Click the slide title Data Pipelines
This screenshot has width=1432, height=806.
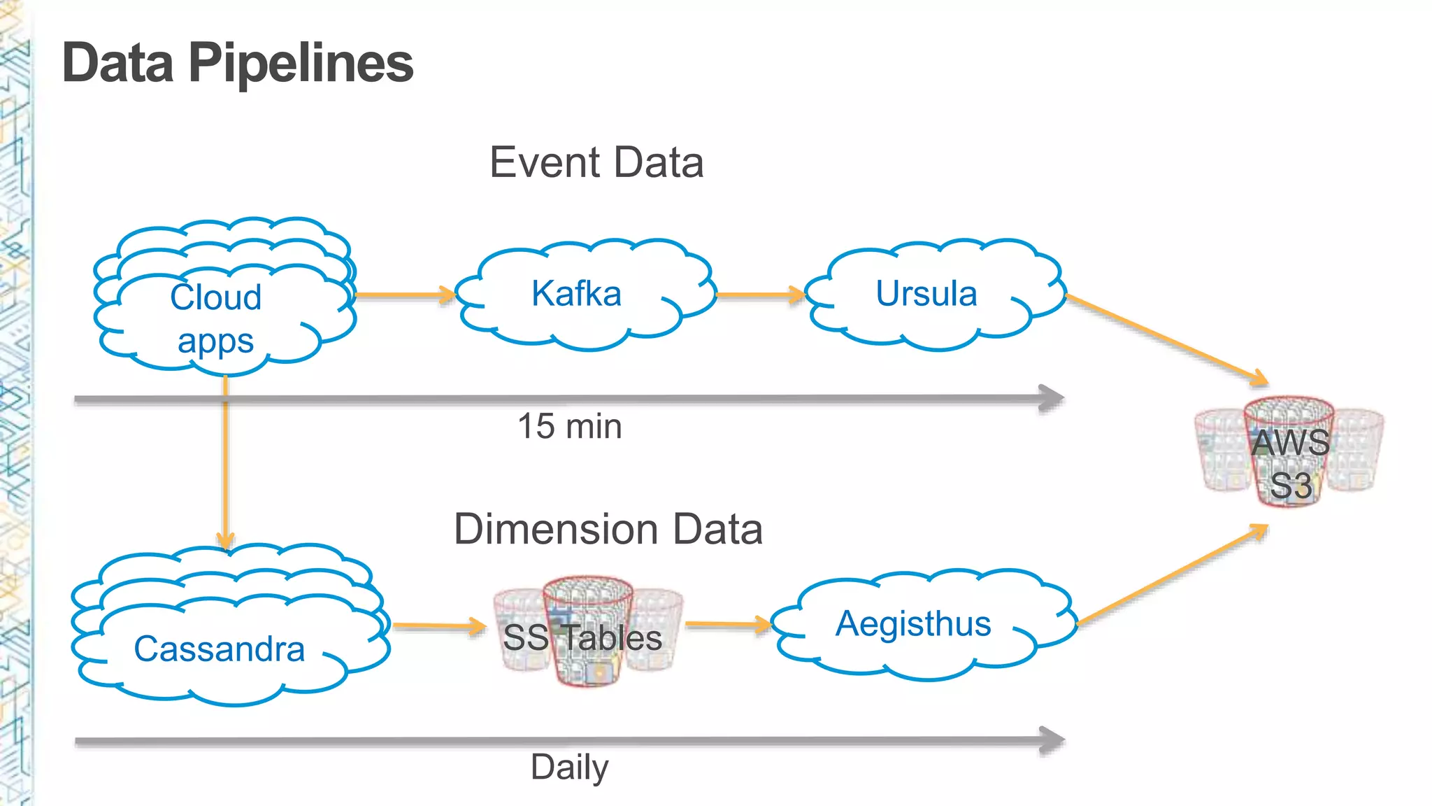point(238,63)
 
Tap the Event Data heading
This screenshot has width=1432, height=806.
point(596,162)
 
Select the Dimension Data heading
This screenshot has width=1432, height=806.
point(608,529)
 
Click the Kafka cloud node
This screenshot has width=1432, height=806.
point(577,294)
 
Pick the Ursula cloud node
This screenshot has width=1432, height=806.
point(926,294)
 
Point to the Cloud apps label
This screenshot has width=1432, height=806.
point(215,318)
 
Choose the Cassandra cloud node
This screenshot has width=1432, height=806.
point(220,649)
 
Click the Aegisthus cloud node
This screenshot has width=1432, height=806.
point(913,623)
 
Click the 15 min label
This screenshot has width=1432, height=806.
point(569,426)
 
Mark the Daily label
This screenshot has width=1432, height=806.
point(569,767)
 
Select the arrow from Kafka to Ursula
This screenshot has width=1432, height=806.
point(759,295)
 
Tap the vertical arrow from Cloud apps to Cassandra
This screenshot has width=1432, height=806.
point(225,462)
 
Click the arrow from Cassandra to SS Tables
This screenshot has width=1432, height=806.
point(438,625)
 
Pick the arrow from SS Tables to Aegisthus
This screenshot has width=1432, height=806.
point(727,623)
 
